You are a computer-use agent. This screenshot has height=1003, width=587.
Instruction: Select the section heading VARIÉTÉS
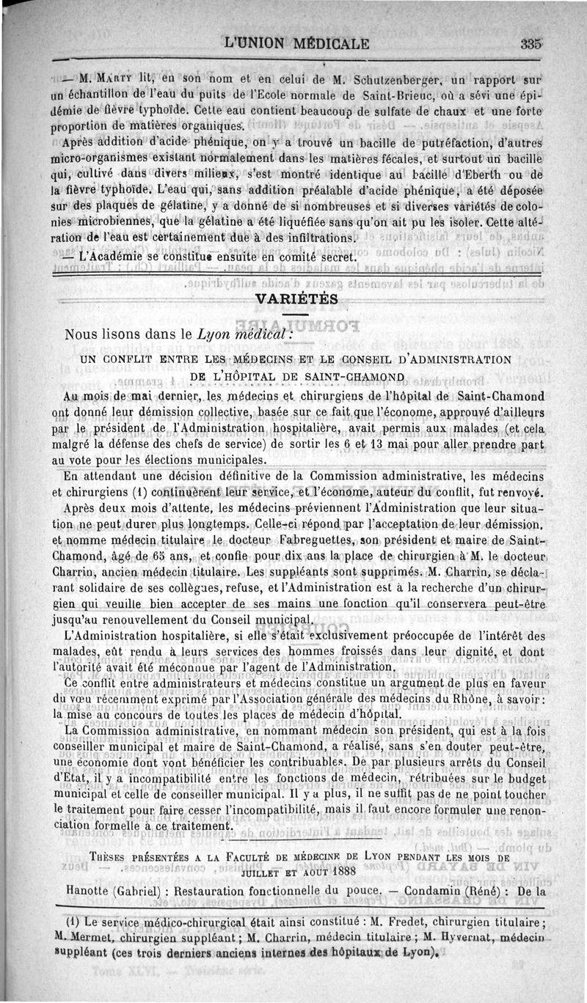tap(296, 299)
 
